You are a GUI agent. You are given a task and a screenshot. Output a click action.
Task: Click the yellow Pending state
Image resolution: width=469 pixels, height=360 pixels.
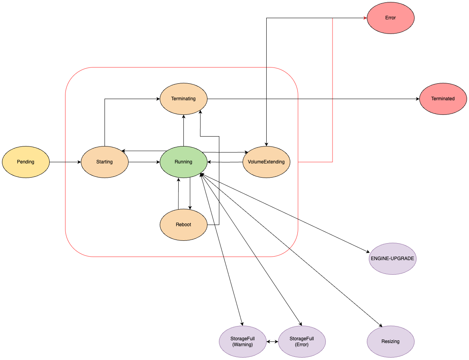coord(26,162)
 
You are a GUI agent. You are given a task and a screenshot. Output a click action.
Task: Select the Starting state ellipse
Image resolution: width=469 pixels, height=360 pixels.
coord(105,162)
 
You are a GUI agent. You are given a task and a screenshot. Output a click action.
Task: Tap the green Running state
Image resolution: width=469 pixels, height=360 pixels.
coord(183,162)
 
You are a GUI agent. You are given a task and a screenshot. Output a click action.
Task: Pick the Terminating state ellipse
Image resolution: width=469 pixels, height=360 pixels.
coord(183,99)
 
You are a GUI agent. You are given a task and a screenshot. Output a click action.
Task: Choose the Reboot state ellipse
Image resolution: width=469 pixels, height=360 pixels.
coord(183,225)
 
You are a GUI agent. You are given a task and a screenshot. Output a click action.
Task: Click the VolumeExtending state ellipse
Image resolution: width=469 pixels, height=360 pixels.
coord(266,162)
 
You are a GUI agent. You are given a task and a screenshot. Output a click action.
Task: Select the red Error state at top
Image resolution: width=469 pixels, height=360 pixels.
coord(391,18)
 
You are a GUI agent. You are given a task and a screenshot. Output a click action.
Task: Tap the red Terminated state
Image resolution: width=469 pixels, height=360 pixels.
coord(443,99)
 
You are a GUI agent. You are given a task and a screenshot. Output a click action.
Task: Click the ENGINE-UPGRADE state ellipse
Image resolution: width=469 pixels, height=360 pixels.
coord(392,259)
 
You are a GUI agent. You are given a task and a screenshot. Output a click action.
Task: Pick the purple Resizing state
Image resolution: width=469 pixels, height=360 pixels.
coord(391,341)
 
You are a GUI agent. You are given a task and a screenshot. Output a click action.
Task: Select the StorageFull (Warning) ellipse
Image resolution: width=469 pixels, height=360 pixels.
coord(243,341)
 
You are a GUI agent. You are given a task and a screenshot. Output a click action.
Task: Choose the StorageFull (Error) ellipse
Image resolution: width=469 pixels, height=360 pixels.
coord(302,341)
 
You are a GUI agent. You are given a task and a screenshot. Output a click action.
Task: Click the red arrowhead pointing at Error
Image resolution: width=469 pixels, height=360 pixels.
coord(365,18)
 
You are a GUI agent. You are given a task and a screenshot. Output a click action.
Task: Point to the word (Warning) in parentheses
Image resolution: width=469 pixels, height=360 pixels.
coord(243,345)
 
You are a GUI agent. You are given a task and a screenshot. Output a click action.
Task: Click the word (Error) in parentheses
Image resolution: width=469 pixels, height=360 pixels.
coord(302,345)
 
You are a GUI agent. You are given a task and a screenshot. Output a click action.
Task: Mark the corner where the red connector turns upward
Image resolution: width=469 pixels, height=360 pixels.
coord(333,162)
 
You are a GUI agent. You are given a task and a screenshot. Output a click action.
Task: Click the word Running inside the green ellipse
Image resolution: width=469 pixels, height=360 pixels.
coord(183,162)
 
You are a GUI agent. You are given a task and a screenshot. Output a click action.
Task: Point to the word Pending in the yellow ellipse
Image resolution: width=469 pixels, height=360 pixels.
coord(26,162)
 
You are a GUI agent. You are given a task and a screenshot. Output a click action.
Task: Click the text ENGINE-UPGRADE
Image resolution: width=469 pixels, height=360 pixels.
coord(392,259)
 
